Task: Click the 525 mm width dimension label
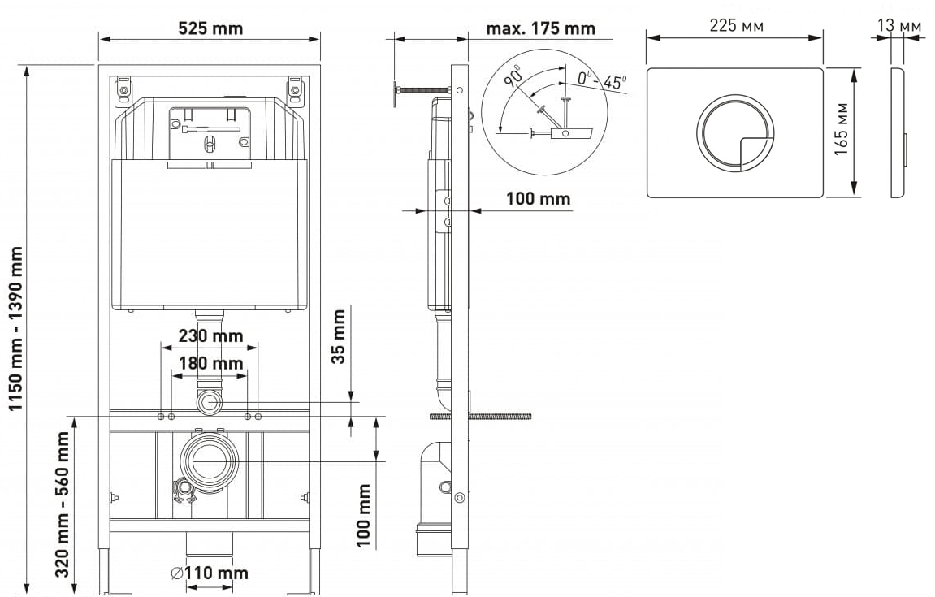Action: [210, 28]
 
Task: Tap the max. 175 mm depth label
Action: [540, 28]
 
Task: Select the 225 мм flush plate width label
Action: [736, 26]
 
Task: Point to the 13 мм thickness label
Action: [899, 26]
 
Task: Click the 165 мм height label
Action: [841, 129]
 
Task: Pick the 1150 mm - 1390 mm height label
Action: [16, 329]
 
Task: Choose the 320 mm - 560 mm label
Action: [63, 504]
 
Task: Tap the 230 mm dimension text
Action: [210, 335]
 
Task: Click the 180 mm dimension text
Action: [210, 363]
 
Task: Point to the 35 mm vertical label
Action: [339, 336]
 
